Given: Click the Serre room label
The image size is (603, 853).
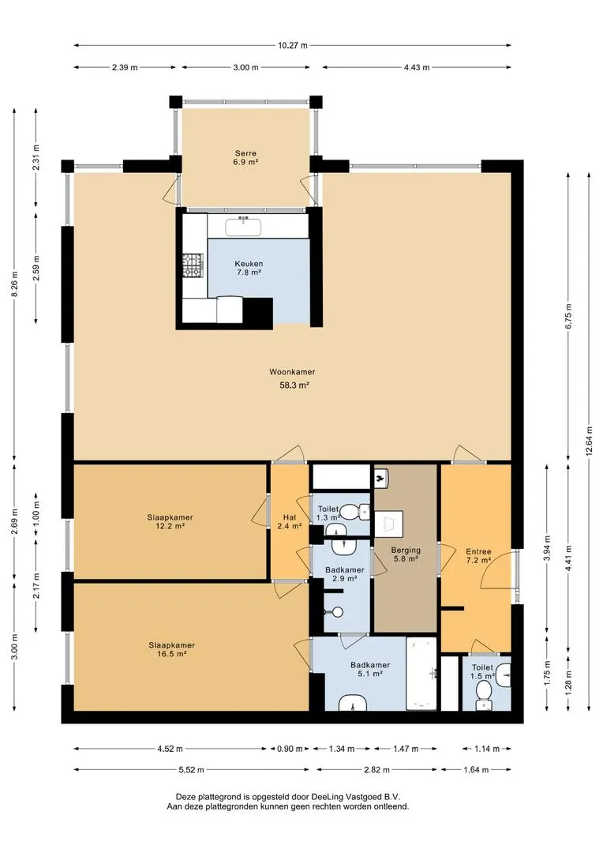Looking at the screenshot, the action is coord(245,158).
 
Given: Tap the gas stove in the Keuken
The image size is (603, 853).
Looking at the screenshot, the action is coord(193,267).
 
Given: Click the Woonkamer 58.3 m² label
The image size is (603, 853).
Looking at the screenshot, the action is coord(293,379).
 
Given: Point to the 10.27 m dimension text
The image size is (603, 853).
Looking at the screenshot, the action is coord(293,46).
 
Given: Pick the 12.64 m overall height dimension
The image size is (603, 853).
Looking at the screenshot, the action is coord(590,442).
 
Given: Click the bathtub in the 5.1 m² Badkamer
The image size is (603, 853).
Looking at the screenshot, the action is coord(421,674).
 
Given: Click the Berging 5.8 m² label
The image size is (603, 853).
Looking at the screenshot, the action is coord(406,554).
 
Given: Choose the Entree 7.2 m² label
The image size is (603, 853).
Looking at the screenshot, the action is coord(478,555).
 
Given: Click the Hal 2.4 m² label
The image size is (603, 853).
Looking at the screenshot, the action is coord(289,522).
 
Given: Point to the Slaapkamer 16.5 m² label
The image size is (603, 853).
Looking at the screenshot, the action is coord(172,649).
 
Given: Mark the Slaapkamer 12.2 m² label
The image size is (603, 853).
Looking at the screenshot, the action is coord(170,522).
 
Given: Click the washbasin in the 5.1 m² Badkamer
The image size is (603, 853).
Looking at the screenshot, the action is coord(353,705).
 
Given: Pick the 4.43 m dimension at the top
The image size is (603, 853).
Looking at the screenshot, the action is coord(417,67).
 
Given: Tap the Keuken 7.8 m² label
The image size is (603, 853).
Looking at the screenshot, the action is coord(249,269).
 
